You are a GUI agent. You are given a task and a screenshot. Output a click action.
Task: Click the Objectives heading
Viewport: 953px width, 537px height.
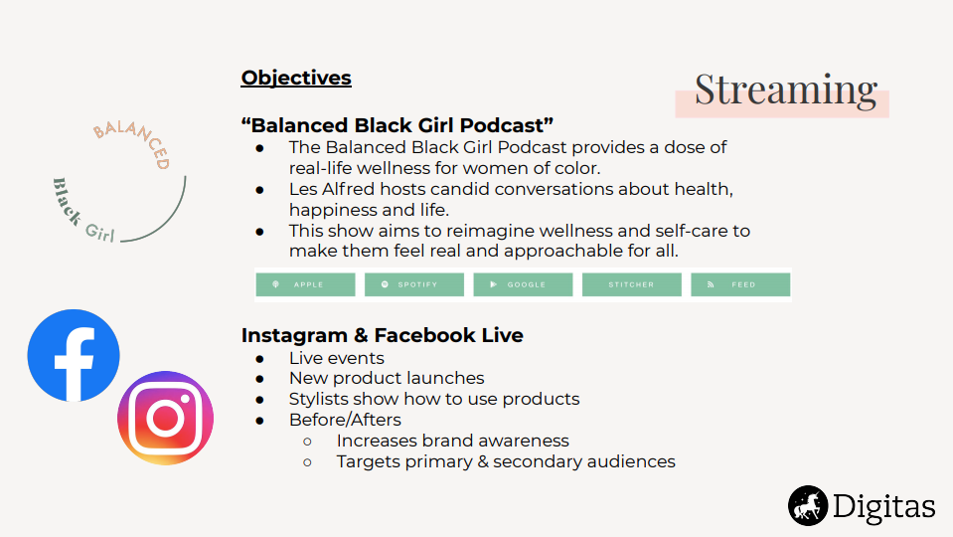pos(296,78)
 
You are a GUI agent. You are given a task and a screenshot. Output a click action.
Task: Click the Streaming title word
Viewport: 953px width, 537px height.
pos(786,89)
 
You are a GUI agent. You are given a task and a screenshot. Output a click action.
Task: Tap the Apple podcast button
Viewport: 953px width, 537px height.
pos(305,284)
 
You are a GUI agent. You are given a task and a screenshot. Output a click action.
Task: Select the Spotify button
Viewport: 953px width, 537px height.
pos(414,284)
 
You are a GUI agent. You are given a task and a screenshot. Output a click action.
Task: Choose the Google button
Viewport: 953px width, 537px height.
pos(523,284)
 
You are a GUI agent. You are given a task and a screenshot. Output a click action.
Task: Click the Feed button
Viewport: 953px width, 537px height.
pos(740,284)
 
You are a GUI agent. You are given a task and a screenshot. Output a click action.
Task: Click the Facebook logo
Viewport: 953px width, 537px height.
pos(74,356)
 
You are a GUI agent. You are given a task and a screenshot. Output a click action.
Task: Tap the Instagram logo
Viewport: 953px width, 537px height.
pos(165,418)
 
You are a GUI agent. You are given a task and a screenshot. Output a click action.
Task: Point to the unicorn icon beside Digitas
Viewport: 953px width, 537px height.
pos(808,505)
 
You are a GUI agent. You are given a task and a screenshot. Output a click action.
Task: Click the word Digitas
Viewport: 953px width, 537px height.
pos(883,506)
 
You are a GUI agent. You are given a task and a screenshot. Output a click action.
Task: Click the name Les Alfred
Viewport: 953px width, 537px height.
pos(332,189)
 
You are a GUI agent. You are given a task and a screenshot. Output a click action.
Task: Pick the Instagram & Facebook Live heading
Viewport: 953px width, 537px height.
pos(383,335)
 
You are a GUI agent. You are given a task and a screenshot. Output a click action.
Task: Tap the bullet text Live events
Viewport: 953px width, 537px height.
pos(337,358)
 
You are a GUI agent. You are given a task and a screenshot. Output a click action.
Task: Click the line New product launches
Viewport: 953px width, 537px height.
pos(387,378)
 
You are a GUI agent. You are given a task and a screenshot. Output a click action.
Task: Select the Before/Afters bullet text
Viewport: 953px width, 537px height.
pos(345,420)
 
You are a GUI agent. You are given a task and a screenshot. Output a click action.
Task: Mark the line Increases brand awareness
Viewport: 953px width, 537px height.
pos(453,441)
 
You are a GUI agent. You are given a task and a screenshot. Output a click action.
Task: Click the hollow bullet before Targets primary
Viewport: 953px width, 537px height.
pos(307,462)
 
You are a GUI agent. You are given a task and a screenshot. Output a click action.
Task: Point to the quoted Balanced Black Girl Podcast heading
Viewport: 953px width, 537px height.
pos(397,125)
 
